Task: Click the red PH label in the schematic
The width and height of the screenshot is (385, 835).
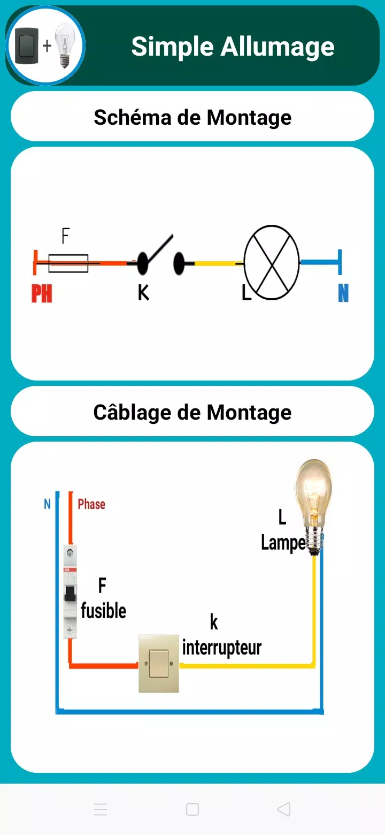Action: point(42,293)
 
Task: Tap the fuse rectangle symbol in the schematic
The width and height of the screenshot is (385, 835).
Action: point(68,263)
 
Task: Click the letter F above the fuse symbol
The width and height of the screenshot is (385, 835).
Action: point(66,236)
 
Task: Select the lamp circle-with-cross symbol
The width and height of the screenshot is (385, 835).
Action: point(272,262)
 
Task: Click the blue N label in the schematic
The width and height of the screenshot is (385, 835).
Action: point(343,293)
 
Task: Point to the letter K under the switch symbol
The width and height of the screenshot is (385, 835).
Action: point(143,292)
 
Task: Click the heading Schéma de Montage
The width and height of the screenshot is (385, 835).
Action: point(192,117)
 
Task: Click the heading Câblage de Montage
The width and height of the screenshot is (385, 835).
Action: point(192,412)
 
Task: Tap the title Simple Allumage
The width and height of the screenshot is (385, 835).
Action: point(233,47)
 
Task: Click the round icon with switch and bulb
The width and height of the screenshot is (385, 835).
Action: point(45,46)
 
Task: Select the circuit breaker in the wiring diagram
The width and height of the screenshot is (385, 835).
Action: point(70,591)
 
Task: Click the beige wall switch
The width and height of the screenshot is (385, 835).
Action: point(159,664)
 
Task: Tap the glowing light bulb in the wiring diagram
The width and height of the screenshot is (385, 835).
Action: point(313,506)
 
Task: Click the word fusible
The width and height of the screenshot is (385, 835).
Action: point(104,611)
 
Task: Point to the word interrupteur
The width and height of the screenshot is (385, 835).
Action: point(222,648)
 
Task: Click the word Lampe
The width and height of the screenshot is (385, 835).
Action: point(283,543)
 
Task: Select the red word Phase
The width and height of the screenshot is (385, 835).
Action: point(91,504)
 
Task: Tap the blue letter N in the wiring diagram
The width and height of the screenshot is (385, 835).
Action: point(47,504)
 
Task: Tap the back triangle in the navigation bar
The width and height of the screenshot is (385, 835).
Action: point(284,809)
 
